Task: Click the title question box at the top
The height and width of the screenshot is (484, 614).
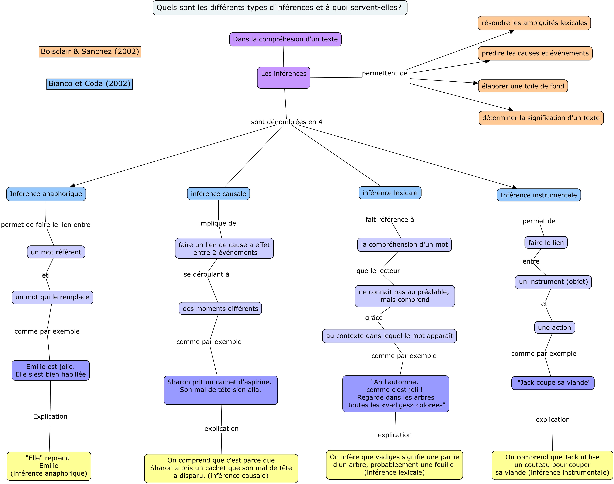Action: click(x=280, y=8)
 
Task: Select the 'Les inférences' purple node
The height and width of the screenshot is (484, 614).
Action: click(x=283, y=78)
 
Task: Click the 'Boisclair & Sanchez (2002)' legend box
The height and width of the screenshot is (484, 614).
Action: click(x=90, y=52)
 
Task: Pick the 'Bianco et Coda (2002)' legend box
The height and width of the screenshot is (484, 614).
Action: click(x=90, y=84)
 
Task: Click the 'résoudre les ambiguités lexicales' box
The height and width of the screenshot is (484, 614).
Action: click(x=534, y=23)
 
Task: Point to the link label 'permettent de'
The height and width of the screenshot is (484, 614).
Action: click(x=385, y=73)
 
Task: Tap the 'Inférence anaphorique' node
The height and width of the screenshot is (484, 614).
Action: click(x=46, y=194)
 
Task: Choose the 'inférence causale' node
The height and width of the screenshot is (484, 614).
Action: click(x=219, y=194)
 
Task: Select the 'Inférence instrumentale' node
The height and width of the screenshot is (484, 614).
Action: click(x=539, y=195)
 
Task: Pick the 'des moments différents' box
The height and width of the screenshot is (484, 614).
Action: click(x=220, y=309)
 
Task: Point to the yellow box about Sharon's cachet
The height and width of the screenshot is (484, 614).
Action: click(x=221, y=468)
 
